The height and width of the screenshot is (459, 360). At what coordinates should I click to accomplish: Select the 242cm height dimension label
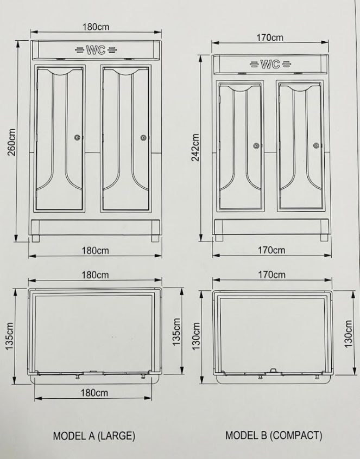197,147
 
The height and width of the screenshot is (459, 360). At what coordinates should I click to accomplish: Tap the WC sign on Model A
95,50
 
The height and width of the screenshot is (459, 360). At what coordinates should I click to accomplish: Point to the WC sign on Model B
269,64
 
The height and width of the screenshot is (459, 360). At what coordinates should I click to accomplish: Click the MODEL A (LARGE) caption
94,435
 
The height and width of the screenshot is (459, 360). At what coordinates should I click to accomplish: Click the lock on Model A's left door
78,138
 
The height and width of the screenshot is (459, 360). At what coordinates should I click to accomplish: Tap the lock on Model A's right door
143,138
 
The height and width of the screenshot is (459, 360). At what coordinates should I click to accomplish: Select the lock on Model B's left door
255,145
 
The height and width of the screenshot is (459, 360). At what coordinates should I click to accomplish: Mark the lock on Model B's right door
316,145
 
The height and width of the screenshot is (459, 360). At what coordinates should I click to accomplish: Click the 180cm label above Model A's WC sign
96,27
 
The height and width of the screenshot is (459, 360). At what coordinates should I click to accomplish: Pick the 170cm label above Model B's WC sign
270,38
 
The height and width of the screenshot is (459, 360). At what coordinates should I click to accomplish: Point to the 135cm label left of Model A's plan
10,336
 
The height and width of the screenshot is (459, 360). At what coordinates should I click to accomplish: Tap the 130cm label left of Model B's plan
197,336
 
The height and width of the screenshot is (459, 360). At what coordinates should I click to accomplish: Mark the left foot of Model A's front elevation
36,238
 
